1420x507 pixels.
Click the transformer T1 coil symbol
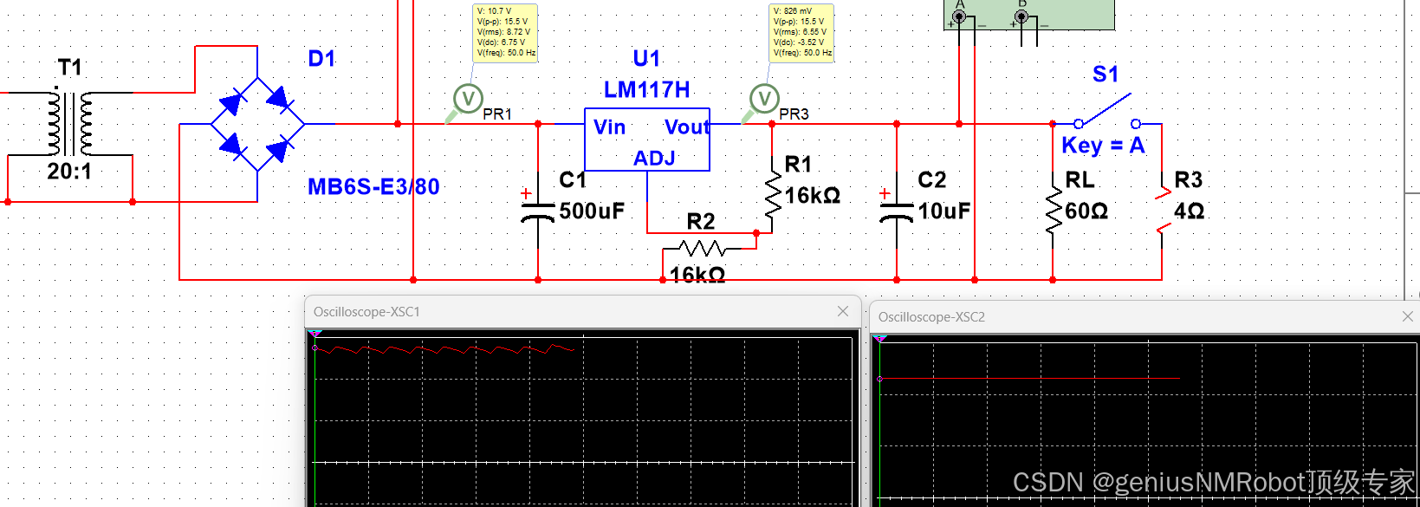pos(70,123)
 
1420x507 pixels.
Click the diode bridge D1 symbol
pos(257,124)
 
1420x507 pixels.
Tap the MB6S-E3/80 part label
pos(373,186)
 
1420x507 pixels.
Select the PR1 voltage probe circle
pos(468,98)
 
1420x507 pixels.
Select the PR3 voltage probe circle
pos(764,98)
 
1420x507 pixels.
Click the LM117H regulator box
pos(647,140)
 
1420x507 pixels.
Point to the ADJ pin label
pos(654,159)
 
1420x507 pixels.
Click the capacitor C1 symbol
pos(538,211)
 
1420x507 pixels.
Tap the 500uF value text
pos(592,211)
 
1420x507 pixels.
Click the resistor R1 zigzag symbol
pos(772,194)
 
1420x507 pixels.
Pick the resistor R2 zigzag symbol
pos(703,250)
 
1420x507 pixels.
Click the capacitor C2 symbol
pos(897,211)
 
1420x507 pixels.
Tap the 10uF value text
pos(943,211)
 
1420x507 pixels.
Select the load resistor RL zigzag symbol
pos(1053,211)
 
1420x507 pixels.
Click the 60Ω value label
pos(1086,211)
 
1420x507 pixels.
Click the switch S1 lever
pos(1106,109)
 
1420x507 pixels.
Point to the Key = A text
pos(1103,146)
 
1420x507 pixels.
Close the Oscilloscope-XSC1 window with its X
pos(843,311)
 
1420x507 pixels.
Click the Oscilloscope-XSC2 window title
pos(931,317)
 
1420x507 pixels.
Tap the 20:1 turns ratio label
pos(69,172)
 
